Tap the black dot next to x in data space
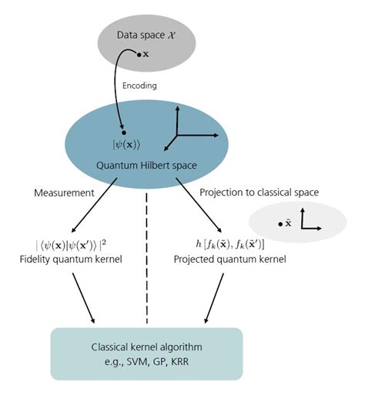coord(139,55)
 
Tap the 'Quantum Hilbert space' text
coord(146,165)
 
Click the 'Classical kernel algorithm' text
coord(146,347)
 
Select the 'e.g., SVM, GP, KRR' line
coord(146,360)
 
